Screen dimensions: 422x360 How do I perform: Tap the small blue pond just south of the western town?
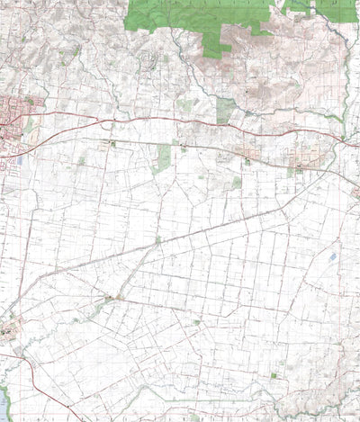[x=20, y=160]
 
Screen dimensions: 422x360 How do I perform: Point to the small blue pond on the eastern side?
[x=333, y=257]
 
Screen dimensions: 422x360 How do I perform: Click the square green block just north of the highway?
[x=225, y=110]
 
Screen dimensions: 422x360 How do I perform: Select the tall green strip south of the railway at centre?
[x=164, y=158]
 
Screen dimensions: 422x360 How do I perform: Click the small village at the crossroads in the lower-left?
[x=110, y=298]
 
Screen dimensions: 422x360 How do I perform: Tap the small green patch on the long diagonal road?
[x=157, y=239]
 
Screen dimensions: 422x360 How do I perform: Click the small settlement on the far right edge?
[x=355, y=192]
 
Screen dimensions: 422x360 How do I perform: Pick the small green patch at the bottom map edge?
[x=193, y=418]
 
